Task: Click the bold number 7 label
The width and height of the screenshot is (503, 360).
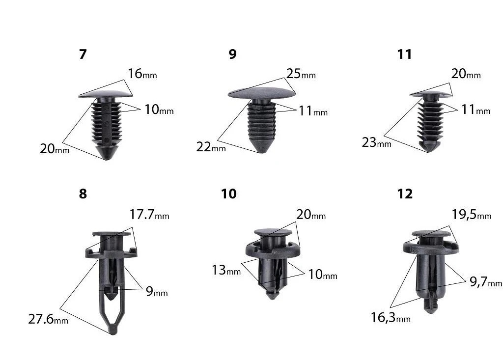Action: [x=83, y=54]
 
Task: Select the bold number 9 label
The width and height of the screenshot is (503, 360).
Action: [x=232, y=54]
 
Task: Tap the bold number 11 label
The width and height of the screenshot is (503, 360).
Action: [x=404, y=54]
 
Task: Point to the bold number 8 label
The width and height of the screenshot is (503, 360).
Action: [x=83, y=194]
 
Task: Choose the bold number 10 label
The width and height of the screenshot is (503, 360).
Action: [x=229, y=194]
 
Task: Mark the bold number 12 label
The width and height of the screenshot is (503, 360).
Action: [x=405, y=194]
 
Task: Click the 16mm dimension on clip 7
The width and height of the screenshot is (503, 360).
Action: [x=142, y=74]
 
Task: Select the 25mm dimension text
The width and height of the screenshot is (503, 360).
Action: [x=301, y=74]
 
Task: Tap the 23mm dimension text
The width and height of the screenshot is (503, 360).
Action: [x=377, y=142]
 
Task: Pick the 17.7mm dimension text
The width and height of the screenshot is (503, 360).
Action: [x=149, y=214]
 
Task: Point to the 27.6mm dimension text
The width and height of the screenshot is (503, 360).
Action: [x=48, y=319]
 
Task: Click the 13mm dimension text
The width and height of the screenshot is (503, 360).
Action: [x=226, y=270]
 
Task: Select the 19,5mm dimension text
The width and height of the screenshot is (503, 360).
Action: [x=472, y=215]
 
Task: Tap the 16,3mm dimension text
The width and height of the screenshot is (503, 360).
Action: [x=391, y=317]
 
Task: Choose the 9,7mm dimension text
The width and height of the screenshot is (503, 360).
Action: [x=486, y=282]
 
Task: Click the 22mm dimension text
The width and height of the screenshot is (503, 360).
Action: [x=211, y=147]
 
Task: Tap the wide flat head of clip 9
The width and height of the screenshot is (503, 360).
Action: [x=262, y=92]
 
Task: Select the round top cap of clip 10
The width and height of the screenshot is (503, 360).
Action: [x=273, y=232]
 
